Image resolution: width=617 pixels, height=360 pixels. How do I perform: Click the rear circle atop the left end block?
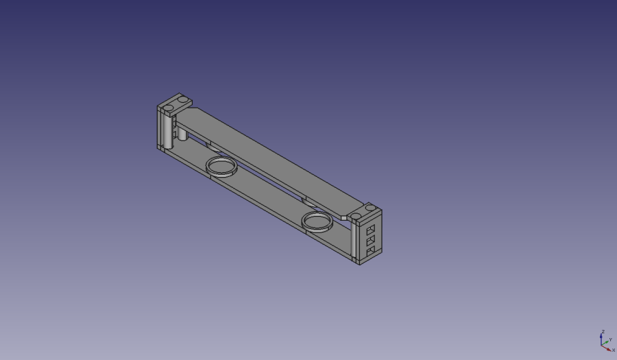pyautogui.click(x=182, y=100)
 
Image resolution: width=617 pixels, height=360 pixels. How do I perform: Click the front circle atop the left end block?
pyautogui.click(x=167, y=108)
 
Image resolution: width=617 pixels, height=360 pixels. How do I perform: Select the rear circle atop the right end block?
pyautogui.click(x=370, y=207)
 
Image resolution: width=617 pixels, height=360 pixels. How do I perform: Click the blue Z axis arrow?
pyautogui.click(x=601, y=339)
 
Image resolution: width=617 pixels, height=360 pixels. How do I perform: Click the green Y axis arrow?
pyautogui.click(x=605, y=342)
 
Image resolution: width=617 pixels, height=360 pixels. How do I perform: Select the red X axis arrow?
pyautogui.click(x=607, y=348)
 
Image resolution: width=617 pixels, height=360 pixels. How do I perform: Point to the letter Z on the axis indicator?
pyautogui.click(x=602, y=332)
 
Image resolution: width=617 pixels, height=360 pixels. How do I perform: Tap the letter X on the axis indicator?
pyautogui.click(x=614, y=350)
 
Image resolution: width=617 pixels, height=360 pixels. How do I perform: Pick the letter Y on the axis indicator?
pyautogui.click(x=610, y=339)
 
